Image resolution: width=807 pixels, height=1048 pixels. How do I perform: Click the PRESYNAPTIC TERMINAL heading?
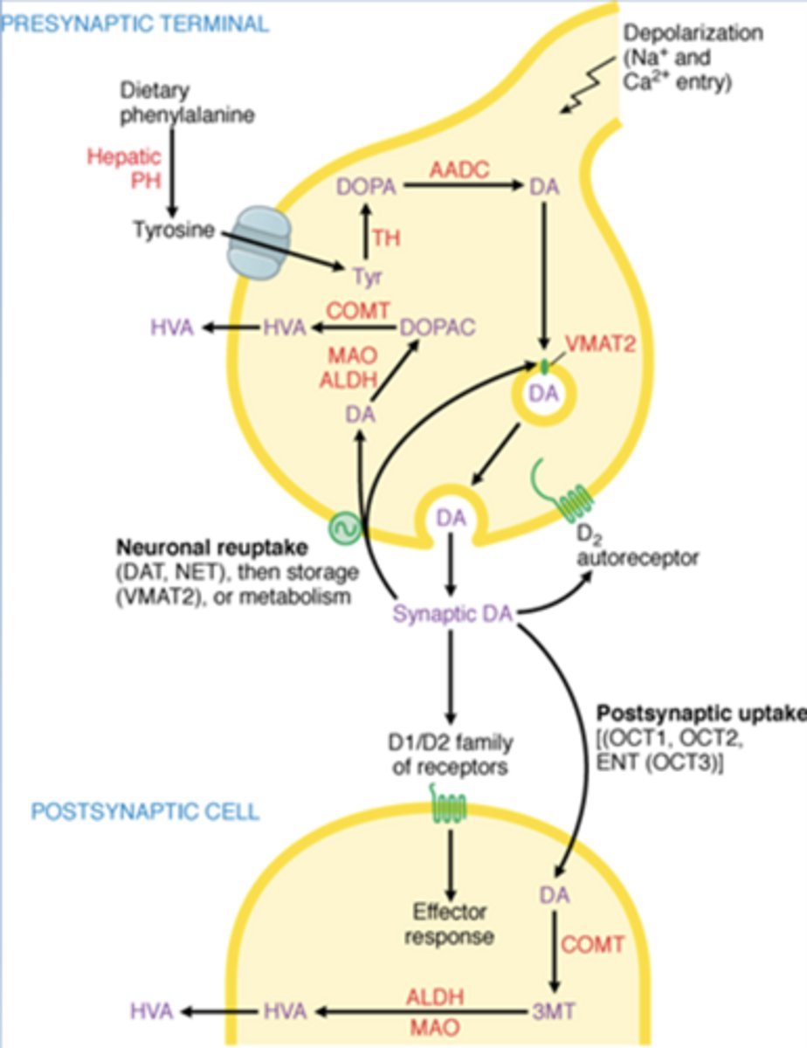click(135, 24)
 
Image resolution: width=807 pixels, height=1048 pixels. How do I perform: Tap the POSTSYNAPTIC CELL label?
click(145, 811)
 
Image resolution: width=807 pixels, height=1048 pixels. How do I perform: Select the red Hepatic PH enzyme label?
click(125, 169)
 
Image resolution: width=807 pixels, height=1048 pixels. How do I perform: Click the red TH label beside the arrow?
click(387, 237)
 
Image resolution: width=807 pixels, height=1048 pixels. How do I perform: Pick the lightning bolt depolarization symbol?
click(579, 91)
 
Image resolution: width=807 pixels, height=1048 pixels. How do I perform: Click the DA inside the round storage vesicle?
click(547, 395)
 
